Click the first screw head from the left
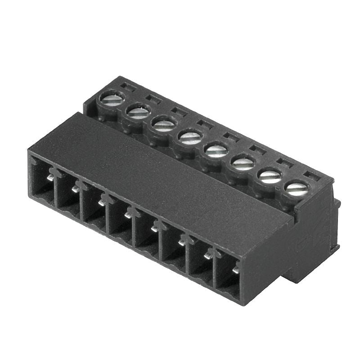pyautogui.click(x=112, y=99)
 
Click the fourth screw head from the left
pyautogui.click(x=191, y=136)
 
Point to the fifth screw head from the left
pyautogui.click(x=217, y=149)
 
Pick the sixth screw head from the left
pyautogui.click(x=243, y=162)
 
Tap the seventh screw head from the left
pyautogui.click(x=270, y=175)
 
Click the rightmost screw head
pyautogui.click(x=297, y=188)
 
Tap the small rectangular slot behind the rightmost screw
pyautogui.click(x=310, y=175)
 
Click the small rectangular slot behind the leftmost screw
pyautogui.click(x=127, y=85)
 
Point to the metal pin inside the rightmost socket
pyautogui.click(x=236, y=270)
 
